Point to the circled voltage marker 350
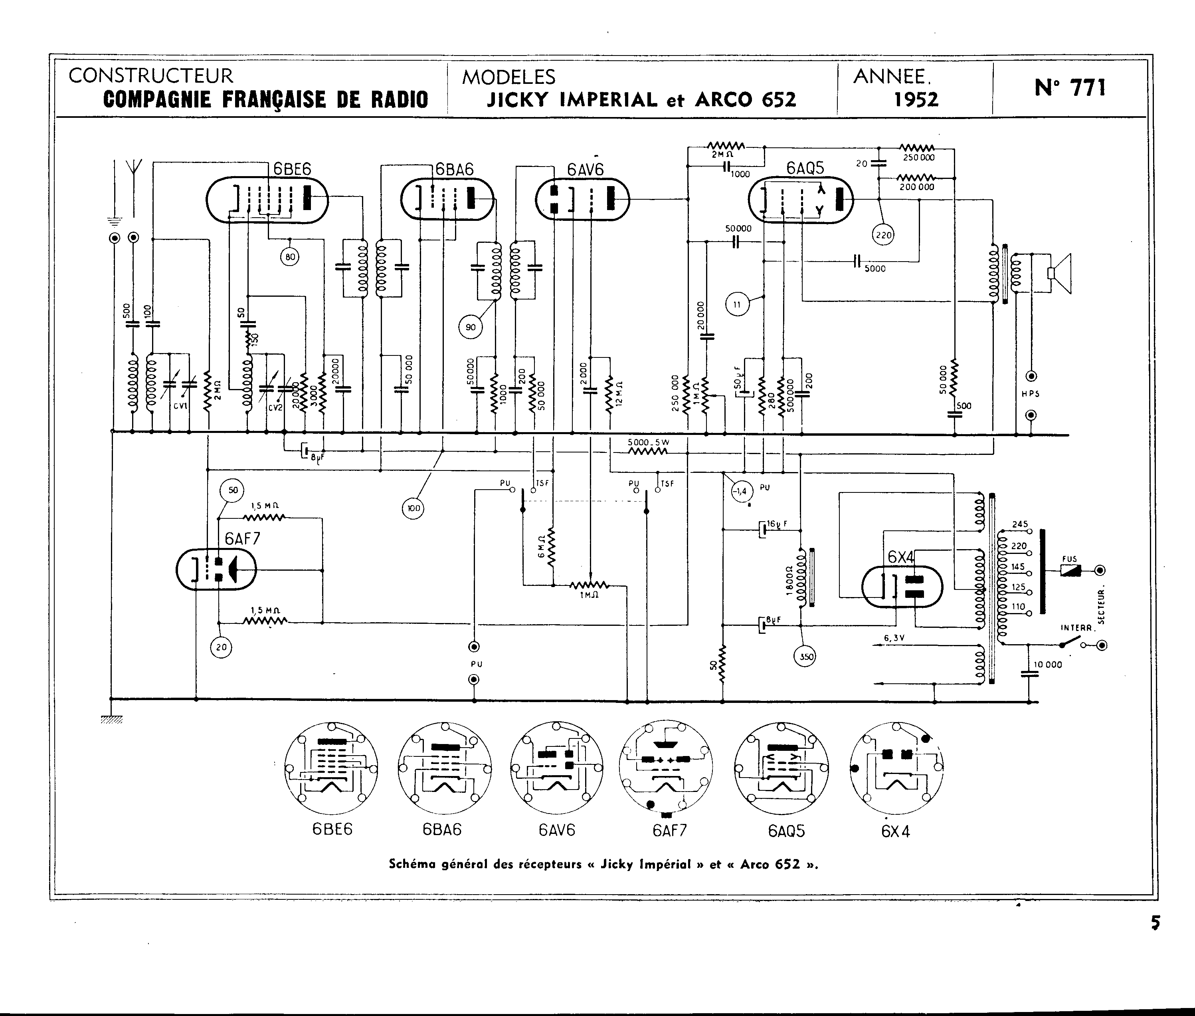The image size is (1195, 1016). coord(804,656)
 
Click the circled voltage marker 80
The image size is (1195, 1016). coord(290,257)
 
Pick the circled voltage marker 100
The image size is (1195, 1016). coord(413,508)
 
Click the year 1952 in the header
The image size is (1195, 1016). coord(916,99)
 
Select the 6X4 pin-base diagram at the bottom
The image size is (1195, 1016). coord(896,768)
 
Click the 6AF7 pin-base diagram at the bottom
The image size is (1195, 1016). coord(666,768)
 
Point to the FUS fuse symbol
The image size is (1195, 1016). coord(1070,570)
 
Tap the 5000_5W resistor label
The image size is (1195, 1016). coord(648,443)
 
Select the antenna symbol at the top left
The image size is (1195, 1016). coord(134,167)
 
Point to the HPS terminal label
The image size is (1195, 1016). coord(1031,395)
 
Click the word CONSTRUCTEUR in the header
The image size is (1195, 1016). coord(151,76)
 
